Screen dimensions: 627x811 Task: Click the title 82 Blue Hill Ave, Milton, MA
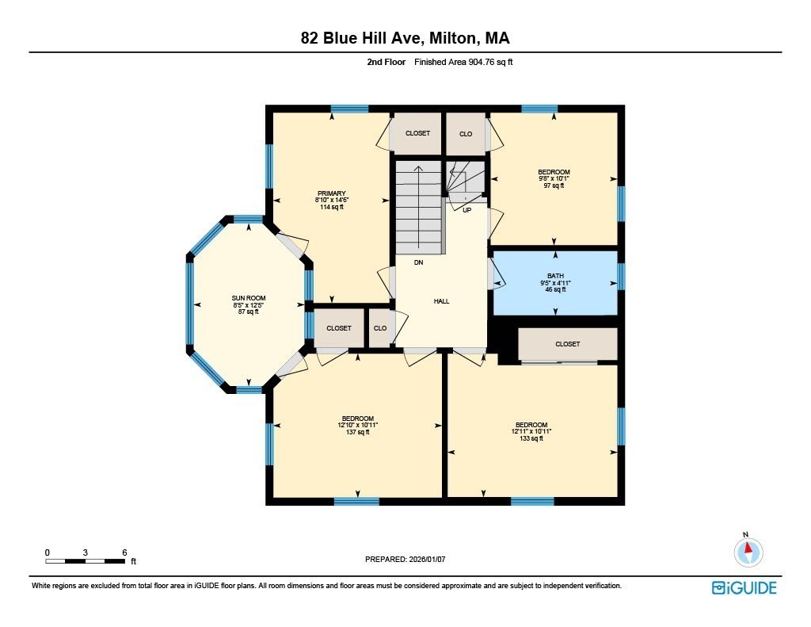coord(405,38)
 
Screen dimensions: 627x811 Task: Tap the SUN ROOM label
coord(248,298)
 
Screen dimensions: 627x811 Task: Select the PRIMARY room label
coord(331,193)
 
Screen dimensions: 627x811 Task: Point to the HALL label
coord(441,301)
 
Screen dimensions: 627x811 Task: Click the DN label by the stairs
coord(419,262)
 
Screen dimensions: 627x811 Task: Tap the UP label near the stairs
coord(466,210)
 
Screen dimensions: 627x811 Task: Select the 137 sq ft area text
coord(357,432)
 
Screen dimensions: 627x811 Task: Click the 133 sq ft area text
coord(531,438)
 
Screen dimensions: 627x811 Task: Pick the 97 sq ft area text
coord(554,185)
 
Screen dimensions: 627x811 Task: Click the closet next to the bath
coord(567,344)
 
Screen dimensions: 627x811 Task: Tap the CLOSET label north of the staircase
coord(417,134)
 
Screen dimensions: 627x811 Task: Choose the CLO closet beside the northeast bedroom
coord(466,134)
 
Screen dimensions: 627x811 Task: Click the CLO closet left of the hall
coord(380,328)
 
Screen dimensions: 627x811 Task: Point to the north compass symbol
coord(748,550)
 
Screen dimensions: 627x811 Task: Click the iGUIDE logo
coord(744,587)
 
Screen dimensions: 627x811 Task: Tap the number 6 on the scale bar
coord(124,552)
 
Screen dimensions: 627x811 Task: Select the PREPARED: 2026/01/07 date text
coord(405,559)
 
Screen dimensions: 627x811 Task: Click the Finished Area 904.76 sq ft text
coord(469,61)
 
